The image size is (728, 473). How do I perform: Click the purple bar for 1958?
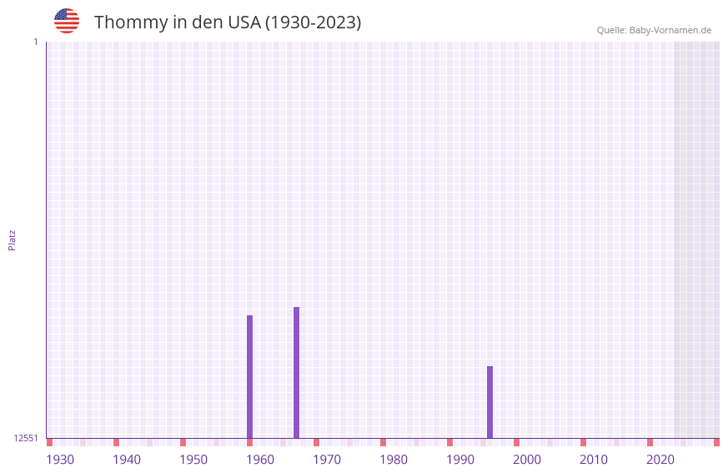[x=249, y=376]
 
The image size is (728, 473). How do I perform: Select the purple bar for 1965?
[x=296, y=372]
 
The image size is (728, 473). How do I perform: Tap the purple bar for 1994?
[x=490, y=402]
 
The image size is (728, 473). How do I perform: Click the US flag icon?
[x=67, y=21]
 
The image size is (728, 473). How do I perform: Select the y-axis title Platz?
[x=12, y=239]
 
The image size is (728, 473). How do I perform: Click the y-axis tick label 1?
[x=36, y=42]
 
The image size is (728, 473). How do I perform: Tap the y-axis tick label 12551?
[x=26, y=438]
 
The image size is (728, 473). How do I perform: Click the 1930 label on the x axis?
[x=60, y=459]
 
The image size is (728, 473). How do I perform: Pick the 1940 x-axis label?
[x=127, y=459]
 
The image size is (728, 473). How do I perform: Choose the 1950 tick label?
[x=193, y=459]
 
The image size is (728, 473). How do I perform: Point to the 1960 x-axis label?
[x=260, y=459]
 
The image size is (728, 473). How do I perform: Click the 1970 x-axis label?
[x=327, y=459]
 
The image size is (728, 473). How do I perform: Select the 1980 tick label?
[x=394, y=459]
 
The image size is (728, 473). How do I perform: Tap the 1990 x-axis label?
[x=460, y=459]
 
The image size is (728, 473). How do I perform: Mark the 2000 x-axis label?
[x=527, y=459]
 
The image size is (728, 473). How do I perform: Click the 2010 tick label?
[x=594, y=459]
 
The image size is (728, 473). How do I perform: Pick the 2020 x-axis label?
[x=660, y=459]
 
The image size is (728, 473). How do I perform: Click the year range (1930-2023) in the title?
[x=313, y=23]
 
